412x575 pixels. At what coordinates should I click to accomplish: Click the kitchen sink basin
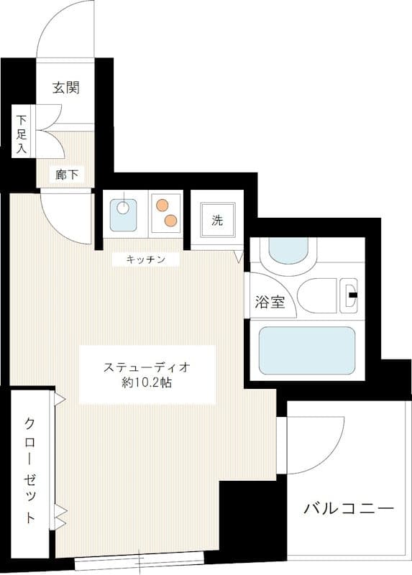(124, 209)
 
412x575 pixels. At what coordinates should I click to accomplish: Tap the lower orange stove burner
(171, 219)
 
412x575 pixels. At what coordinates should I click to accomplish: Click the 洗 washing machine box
(217, 221)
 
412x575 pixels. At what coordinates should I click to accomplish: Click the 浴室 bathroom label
(270, 302)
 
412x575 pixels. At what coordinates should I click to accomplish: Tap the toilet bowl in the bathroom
(324, 295)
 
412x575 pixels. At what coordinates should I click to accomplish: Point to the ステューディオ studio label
(147, 367)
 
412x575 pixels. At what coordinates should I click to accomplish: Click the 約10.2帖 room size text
(147, 383)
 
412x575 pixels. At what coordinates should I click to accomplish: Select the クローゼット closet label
(29, 469)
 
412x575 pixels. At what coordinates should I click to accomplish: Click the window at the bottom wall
(139, 562)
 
